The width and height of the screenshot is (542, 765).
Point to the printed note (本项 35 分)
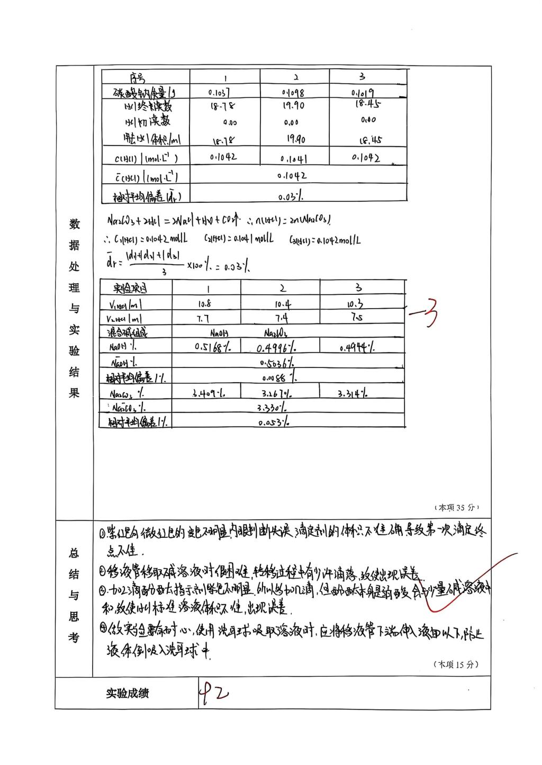(456, 507)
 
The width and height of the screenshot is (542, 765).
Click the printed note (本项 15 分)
(456, 664)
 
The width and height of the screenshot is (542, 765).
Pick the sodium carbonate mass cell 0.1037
(219, 92)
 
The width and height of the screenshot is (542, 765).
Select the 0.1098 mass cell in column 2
(293, 93)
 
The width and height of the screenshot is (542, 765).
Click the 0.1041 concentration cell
(293, 158)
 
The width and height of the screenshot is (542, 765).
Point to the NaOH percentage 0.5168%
(211, 347)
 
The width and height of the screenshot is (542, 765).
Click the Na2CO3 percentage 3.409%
(207, 394)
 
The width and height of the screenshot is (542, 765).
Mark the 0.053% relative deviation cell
(274, 422)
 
